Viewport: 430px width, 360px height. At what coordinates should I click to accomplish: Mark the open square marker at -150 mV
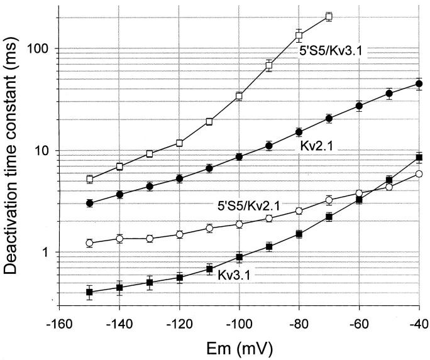pyautogui.click(x=89, y=179)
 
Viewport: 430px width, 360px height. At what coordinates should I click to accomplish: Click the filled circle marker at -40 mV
pyautogui.click(x=419, y=84)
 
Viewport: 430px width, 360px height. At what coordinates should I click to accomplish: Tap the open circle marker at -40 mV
pyautogui.click(x=419, y=174)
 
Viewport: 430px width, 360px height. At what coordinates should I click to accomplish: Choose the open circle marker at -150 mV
pyautogui.click(x=89, y=243)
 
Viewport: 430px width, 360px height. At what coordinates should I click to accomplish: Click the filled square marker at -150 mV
pyautogui.click(x=89, y=292)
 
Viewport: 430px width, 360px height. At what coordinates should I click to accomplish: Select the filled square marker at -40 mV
pyautogui.click(x=419, y=157)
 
